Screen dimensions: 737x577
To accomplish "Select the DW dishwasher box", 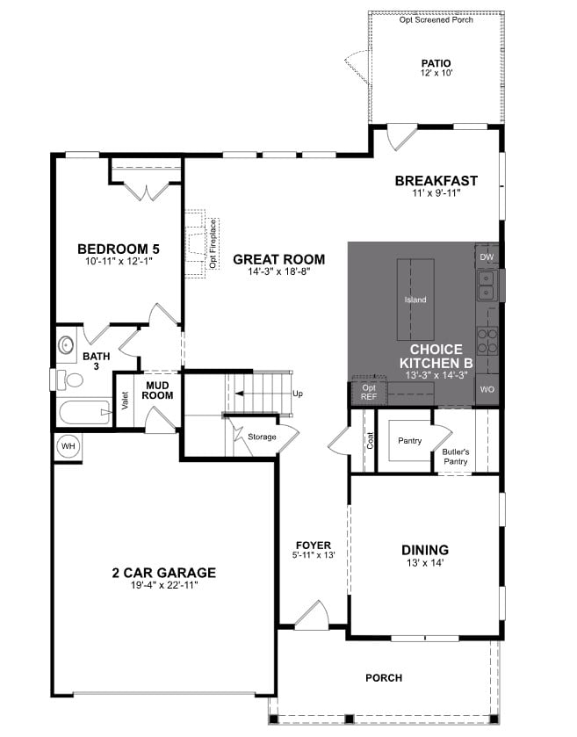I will tap(487, 257).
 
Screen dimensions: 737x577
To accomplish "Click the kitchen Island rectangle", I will tap(415, 299).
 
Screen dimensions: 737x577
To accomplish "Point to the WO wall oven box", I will tap(487, 388).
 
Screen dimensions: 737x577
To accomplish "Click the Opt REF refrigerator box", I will tap(368, 392).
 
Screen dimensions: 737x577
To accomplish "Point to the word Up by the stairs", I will tap(297, 394).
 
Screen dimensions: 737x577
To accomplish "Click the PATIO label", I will tap(436, 63).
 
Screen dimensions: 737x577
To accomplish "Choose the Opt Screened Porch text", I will tap(436, 19).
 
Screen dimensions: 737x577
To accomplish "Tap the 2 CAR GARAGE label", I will tap(163, 573).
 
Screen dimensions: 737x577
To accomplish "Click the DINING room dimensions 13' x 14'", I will tap(424, 563).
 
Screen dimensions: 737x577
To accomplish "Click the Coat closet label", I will tap(370, 440).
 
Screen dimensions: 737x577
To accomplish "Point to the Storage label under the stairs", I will tap(262, 437).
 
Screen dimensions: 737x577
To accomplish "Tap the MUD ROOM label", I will tap(158, 390).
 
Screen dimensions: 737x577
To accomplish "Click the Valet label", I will tap(126, 401).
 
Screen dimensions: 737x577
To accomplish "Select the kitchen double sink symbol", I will tap(487, 285).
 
